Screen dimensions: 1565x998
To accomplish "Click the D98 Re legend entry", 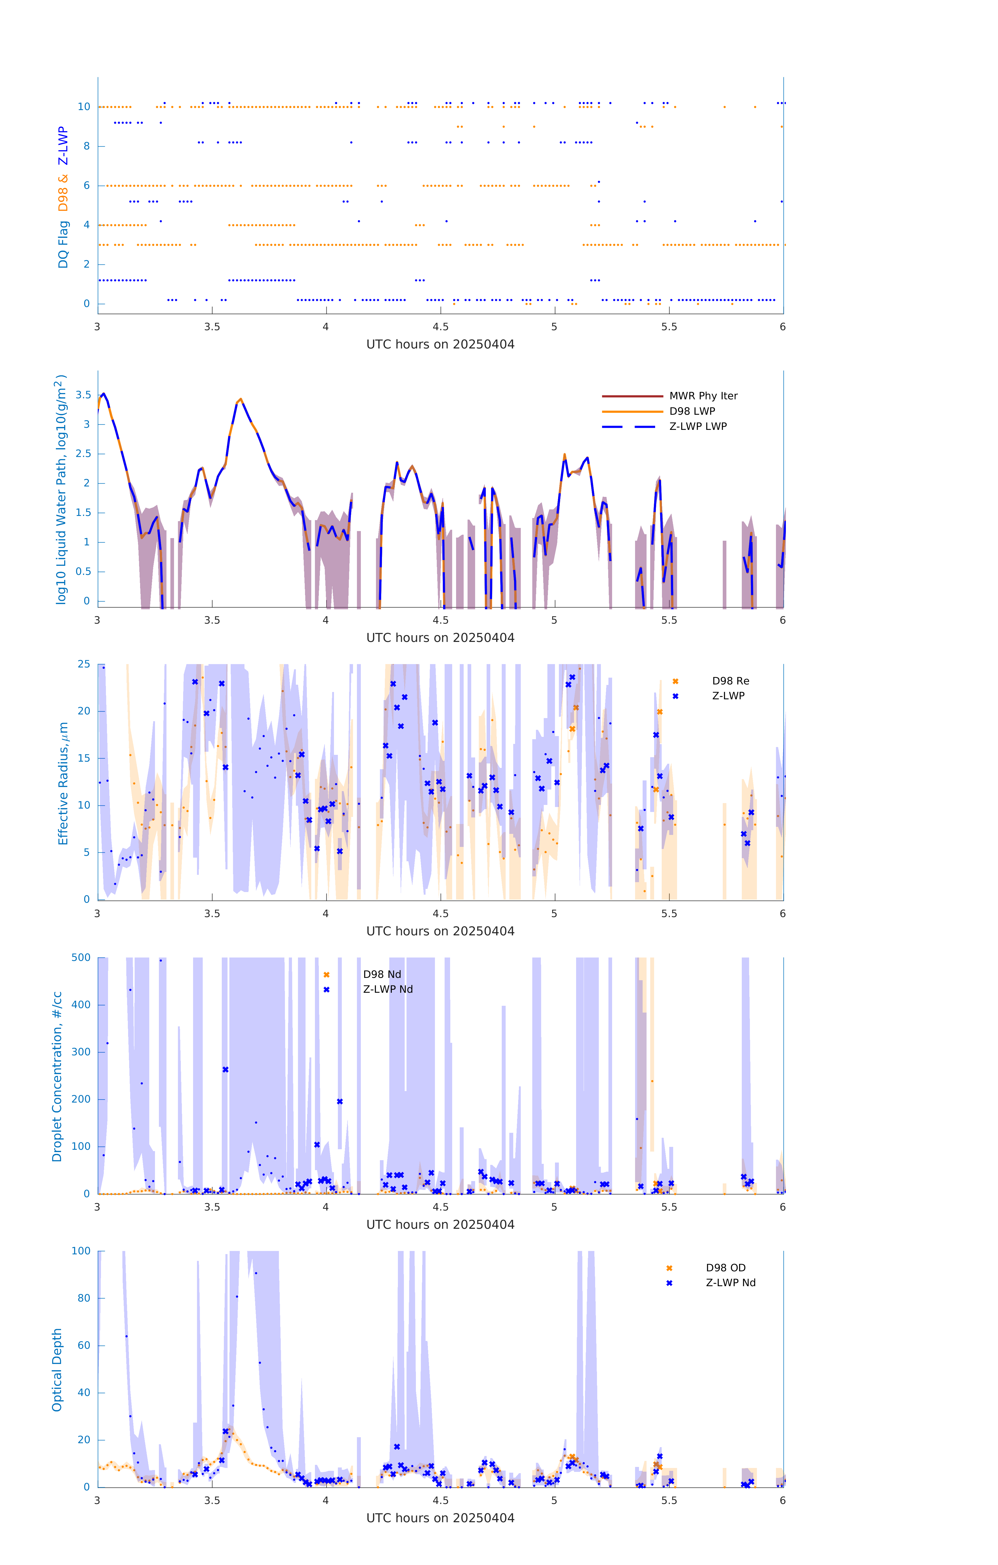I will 730,681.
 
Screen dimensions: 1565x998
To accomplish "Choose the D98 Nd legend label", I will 382,974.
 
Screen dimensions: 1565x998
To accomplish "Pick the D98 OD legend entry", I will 726,1268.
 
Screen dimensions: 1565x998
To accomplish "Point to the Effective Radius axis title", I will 63,783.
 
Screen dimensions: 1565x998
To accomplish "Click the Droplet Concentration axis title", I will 57,1077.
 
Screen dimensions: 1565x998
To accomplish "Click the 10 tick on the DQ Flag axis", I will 84,107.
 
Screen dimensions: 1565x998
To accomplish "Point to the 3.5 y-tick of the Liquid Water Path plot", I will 83,395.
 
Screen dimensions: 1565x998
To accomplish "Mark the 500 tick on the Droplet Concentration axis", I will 81,957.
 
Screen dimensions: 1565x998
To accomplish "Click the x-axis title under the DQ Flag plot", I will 440,345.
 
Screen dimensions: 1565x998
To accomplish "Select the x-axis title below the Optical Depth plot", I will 440,1518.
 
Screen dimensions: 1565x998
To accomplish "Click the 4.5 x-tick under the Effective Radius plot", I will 440,914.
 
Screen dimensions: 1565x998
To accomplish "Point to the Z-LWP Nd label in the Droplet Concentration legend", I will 387,989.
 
